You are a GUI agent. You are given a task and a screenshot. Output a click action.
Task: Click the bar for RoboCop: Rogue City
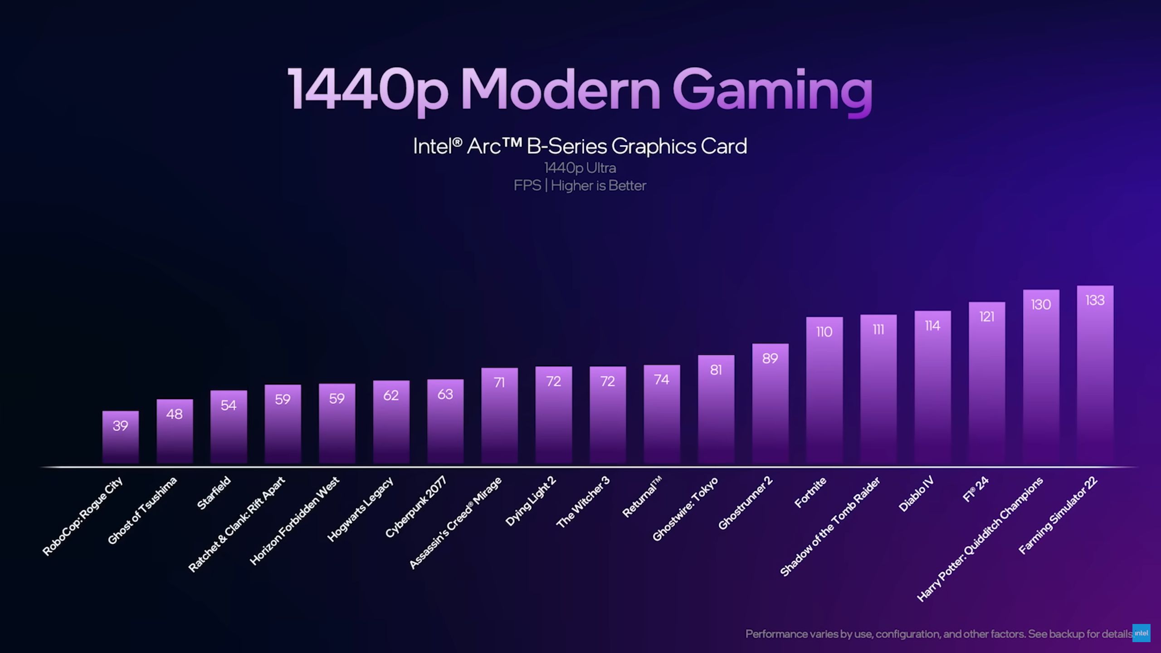(120, 438)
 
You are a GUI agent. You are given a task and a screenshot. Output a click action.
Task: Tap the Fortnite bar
(824, 390)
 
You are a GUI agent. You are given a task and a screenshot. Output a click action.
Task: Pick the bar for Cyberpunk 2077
(445, 422)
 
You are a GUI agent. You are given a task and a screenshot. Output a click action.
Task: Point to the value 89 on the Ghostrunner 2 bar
(770, 359)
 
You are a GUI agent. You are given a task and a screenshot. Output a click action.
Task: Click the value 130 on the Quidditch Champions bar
(1041, 305)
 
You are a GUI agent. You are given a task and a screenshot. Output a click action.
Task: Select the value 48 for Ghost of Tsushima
(174, 414)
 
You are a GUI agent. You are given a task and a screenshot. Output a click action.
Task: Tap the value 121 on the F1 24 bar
(987, 317)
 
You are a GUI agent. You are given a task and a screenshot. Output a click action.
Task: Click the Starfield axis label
(214, 493)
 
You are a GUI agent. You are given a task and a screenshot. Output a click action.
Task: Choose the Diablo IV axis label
(916, 494)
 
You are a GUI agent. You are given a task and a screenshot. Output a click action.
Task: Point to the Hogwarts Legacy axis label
(360, 510)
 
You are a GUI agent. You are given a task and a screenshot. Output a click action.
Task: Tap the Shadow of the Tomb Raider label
(830, 526)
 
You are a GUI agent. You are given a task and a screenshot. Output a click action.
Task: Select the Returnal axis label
(641, 497)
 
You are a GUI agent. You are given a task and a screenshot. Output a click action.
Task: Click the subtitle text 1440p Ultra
(580, 168)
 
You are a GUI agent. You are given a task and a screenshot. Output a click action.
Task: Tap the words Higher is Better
(598, 185)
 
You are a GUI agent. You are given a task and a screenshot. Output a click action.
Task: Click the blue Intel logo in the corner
(1141, 633)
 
